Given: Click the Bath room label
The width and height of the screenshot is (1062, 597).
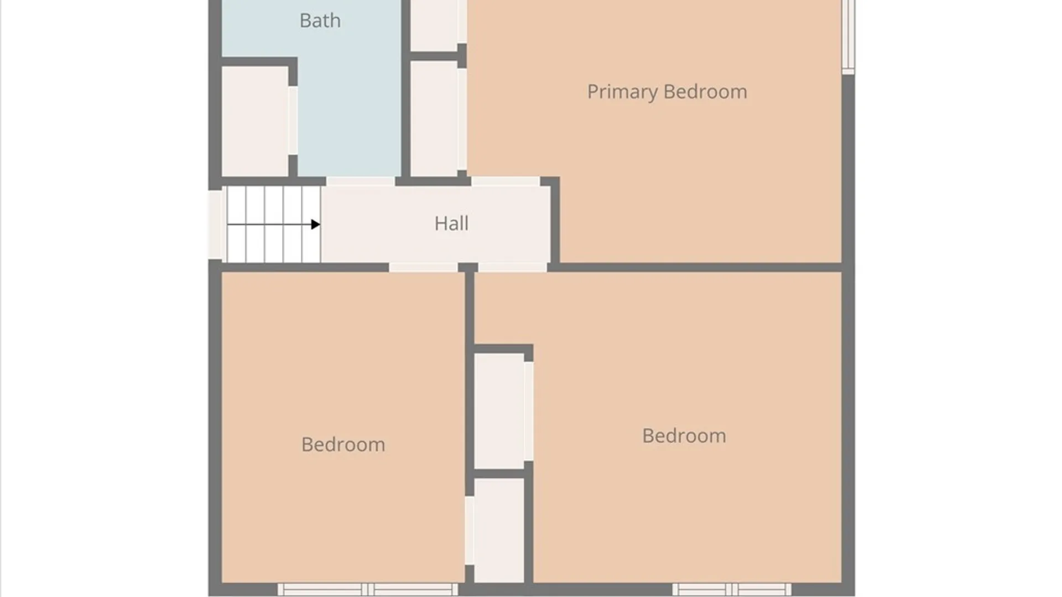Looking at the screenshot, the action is coord(320,21).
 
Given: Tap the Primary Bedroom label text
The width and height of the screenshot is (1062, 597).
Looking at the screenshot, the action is coord(667,92).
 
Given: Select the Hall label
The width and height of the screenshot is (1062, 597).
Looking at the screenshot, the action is coord(451,223).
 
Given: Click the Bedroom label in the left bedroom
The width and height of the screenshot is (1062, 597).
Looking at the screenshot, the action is coord(343,444).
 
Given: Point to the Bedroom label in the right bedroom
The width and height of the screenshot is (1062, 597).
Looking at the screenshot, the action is coord(684,436).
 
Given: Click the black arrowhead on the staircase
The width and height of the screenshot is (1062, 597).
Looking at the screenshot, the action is coord(315,224).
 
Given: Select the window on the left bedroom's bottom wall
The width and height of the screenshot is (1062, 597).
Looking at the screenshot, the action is coord(368,589).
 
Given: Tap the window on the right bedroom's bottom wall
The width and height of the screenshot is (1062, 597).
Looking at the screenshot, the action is coord(732,589).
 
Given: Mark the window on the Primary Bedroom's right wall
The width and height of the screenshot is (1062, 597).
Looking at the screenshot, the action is coord(848,36).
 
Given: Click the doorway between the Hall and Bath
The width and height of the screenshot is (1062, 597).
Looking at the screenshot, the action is coord(360,181).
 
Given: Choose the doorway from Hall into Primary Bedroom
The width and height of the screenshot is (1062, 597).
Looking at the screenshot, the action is coord(506,181).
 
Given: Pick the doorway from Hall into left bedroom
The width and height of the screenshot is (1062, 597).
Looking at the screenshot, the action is coord(423,268).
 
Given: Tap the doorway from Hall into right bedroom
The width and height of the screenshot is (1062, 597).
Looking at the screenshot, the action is coord(513,268).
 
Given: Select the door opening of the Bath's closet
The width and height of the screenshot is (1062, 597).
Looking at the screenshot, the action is coord(293,121).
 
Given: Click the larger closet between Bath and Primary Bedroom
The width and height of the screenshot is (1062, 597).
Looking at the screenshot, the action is coord(434,118).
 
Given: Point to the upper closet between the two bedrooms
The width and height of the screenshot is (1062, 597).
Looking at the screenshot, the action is coord(499,411).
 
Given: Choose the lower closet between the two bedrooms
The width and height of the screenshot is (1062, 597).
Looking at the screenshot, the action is coord(499,530).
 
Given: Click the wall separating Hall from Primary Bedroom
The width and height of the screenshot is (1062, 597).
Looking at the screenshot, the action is coord(555,221).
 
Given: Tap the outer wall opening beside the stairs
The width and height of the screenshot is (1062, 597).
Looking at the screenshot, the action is coord(215,224).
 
